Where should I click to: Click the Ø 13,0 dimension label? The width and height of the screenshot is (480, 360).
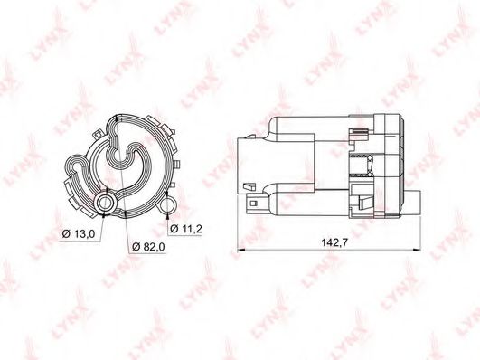[79, 234]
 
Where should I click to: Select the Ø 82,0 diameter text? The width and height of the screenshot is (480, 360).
[149, 247]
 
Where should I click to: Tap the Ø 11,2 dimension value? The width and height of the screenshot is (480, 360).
[186, 229]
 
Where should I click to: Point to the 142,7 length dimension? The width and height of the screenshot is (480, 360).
[334, 242]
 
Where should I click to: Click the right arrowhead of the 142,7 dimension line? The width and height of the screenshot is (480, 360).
[417, 250]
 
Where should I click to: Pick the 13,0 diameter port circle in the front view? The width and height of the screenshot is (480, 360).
[106, 203]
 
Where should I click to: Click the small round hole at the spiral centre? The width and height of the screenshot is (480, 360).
[118, 156]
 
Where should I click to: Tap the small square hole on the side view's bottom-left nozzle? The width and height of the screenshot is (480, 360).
[253, 204]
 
